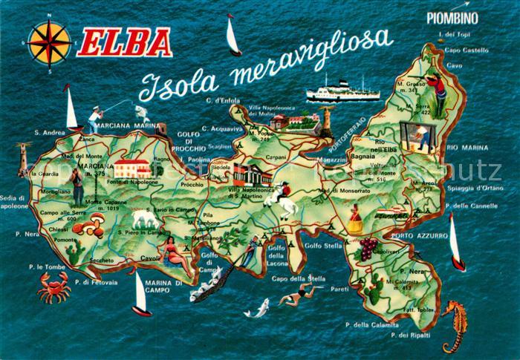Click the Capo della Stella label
(299, 278)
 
